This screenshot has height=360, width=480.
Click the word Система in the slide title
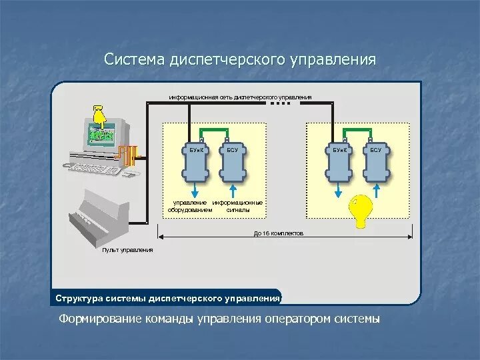pos(134,59)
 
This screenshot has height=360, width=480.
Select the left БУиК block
pos(195,164)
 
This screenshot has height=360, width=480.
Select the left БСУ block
pos(232,164)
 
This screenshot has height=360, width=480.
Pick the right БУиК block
pos(339,164)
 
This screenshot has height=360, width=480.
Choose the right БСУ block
pos(376,164)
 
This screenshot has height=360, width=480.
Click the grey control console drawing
pos(100,216)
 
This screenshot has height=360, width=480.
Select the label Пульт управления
pos(127,250)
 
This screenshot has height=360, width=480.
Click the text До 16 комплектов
pos(279,234)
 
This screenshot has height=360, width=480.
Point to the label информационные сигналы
pos(237,206)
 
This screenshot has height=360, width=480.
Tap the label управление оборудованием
pos(190,206)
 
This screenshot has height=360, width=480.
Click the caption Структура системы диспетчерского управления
pos(167,298)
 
